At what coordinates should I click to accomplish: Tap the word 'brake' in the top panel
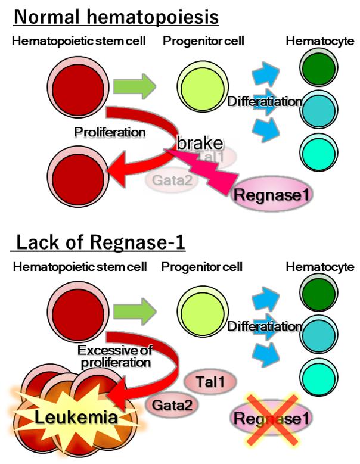(200, 142)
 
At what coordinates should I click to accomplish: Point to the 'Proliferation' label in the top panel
(109, 132)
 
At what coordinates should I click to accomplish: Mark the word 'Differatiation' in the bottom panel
(265, 326)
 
